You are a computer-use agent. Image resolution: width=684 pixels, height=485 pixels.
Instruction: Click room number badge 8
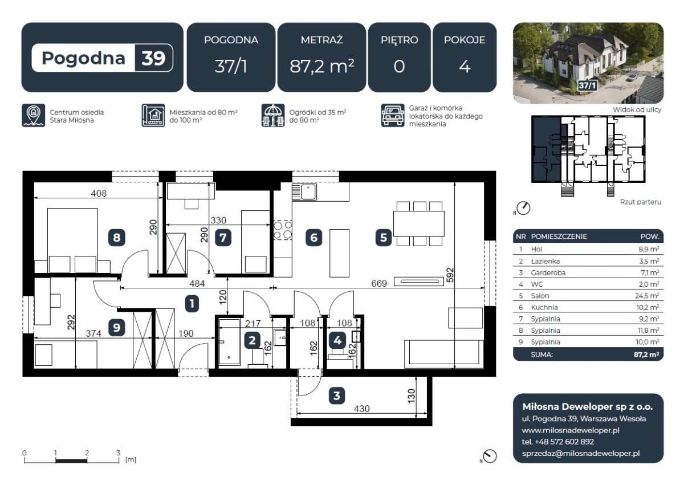point(117,238)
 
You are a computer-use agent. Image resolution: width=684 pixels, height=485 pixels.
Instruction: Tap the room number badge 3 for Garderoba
point(337,396)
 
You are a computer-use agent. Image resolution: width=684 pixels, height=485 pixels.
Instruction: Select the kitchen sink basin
point(308,192)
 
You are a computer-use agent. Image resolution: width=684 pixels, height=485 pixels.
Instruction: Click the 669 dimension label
point(379,284)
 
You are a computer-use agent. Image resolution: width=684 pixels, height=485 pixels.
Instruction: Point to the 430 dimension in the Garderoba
point(361,409)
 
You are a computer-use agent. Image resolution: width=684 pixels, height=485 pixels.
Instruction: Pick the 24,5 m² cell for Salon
point(648,296)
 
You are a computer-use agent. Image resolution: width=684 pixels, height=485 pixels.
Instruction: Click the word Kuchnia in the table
point(544,307)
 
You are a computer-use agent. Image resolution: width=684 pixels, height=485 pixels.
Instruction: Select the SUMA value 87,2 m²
point(646,354)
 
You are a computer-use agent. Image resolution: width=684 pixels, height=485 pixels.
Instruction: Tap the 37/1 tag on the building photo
point(587,85)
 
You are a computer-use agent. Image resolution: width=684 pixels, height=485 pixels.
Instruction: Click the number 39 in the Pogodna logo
point(153,58)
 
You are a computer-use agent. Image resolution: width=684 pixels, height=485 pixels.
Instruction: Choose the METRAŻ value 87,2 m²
point(322,66)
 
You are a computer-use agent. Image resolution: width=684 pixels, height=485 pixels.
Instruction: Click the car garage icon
point(393,115)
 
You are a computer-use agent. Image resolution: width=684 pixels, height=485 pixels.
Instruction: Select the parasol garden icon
point(273,115)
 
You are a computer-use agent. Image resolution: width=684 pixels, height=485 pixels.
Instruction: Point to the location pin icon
point(33,115)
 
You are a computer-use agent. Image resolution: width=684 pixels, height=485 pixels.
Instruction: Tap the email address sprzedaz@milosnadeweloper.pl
point(581,454)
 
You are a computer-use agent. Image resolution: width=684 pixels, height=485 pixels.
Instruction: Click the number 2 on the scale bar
point(87,453)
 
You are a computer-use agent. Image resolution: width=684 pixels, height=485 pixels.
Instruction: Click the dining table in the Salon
point(418,224)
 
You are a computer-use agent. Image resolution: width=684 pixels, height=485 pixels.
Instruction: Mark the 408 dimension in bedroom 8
point(99,193)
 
